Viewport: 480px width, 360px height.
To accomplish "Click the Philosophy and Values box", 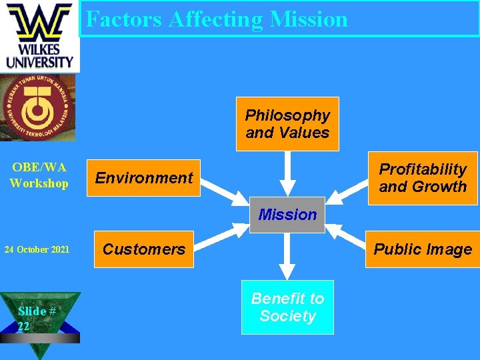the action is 287,124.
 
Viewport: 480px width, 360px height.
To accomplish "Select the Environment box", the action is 143,178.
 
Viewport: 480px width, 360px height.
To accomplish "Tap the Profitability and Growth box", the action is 422,178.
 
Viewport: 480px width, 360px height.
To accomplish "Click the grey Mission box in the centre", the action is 287,215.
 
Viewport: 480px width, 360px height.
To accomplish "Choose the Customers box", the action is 143,249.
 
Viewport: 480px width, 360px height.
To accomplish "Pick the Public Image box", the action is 422,249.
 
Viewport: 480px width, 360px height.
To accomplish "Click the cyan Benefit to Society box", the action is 287,307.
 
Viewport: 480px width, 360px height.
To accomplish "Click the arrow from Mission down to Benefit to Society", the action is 287,255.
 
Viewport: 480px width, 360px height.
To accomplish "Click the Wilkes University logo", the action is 39,36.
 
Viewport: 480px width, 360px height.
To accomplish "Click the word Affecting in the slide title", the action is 216,19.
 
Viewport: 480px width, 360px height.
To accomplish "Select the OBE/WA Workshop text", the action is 39,175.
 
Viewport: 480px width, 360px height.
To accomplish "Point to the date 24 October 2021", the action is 37,250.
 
